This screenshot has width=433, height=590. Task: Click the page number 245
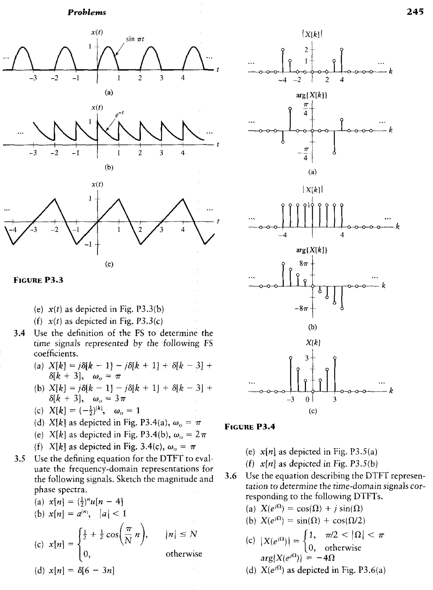[415, 12]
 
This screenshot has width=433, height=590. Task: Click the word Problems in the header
[87, 12]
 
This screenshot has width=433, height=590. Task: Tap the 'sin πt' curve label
[135, 39]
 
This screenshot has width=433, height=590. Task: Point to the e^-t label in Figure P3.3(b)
[119, 115]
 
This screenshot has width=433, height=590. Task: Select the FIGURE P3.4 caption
[250, 427]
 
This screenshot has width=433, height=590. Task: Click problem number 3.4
[19, 333]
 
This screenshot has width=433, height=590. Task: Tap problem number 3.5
[20, 459]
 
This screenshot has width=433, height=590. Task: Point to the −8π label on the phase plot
[302, 308]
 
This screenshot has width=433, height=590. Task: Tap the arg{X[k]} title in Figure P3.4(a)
[312, 95]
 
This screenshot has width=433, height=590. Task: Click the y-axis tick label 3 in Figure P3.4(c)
[307, 358]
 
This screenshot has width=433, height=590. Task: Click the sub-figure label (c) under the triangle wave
[109, 264]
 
